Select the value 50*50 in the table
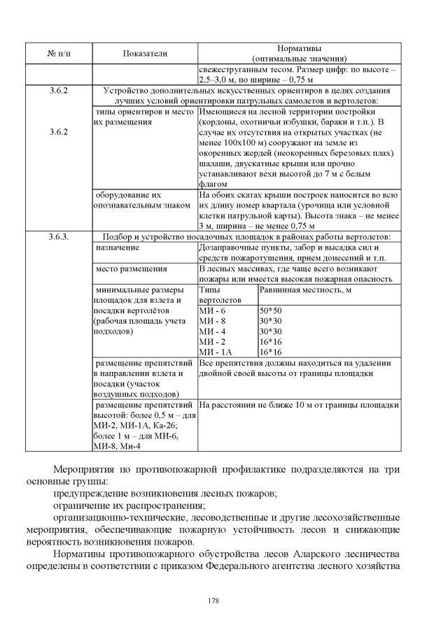(270, 310)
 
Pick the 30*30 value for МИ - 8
(270, 320)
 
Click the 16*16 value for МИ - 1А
(270, 352)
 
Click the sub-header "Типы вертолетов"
(216, 294)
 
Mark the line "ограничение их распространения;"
(129, 505)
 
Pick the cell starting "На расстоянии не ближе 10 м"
(299, 405)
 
